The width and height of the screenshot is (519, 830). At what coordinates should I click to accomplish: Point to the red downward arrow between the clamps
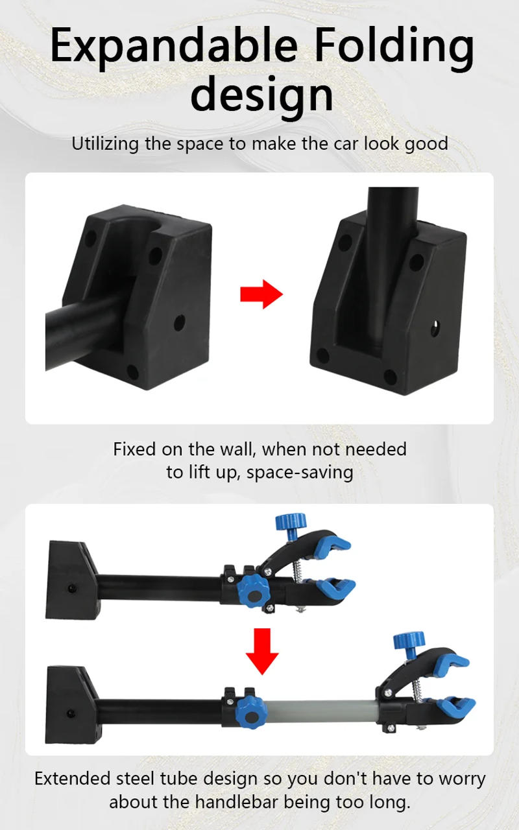[x=262, y=651]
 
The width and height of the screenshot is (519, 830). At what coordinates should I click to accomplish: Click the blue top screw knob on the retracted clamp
[x=291, y=521]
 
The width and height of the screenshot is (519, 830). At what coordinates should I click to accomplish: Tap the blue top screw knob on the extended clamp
[x=409, y=641]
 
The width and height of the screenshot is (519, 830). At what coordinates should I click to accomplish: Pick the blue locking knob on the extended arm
[x=248, y=708]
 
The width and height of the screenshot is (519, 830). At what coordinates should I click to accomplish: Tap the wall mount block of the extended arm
[x=68, y=704]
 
